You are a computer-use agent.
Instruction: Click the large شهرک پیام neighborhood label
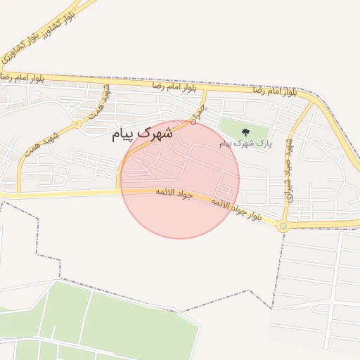click(x=142, y=133)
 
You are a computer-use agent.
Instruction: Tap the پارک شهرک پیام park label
click(x=245, y=143)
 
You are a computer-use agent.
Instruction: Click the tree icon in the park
click(x=245, y=131)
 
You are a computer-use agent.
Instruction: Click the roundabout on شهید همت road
click(x=77, y=124)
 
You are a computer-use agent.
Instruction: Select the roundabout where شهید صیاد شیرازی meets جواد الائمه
click(x=283, y=226)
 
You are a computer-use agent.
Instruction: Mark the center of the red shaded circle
click(x=180, y=180)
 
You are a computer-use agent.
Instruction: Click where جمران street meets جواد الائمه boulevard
click(x=120, y=190)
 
